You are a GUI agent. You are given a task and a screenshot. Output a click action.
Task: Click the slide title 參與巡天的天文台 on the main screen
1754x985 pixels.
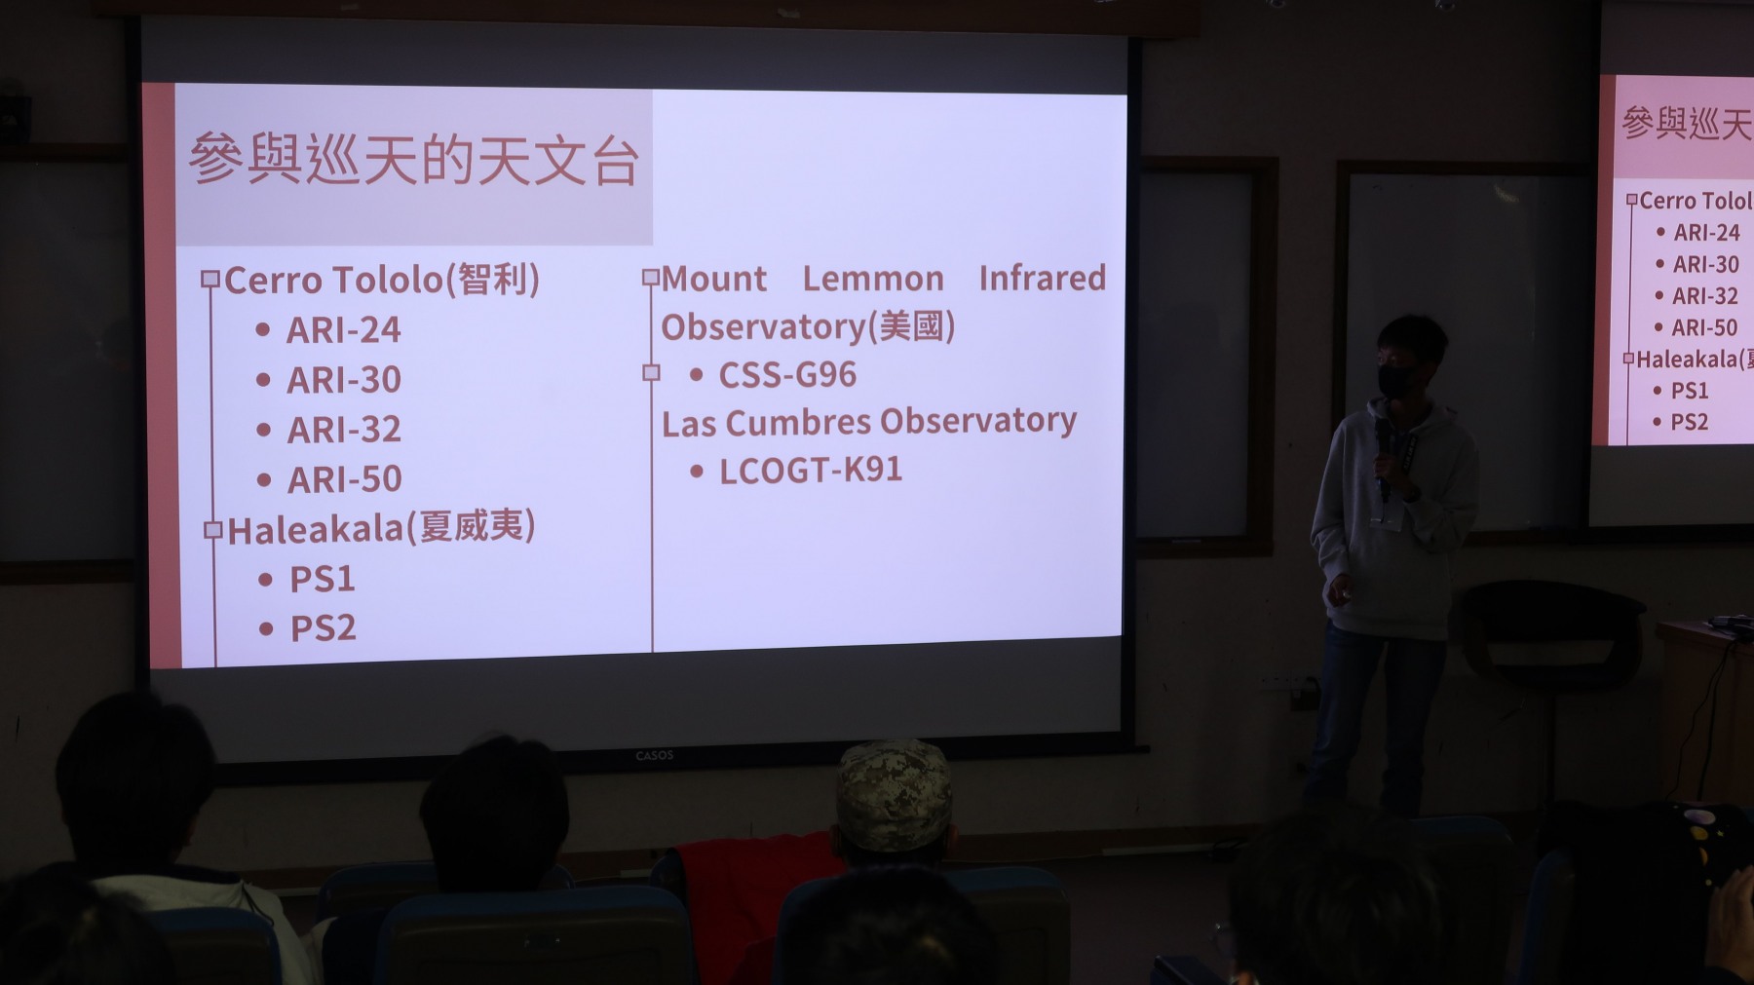[414, 160]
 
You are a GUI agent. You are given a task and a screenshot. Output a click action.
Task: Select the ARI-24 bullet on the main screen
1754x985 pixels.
[343, 330]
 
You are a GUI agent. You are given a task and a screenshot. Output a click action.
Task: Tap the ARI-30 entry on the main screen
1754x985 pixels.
[344, 380]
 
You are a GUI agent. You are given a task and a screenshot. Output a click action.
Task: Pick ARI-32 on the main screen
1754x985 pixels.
[344, 430]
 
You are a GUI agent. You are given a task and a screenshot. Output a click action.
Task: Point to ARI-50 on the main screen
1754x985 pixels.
[345, 479]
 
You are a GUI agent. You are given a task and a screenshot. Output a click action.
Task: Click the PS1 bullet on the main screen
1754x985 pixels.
[323, 580]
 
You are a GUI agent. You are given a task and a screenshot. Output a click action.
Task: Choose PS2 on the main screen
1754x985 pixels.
[324, 628]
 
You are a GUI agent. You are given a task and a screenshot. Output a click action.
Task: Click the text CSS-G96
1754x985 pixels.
[787, 375]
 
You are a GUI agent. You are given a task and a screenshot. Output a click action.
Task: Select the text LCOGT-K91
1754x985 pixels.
[811, 471]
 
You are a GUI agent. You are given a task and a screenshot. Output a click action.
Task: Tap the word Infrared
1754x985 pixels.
[1043, 278]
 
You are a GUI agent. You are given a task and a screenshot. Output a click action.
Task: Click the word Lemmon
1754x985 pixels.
[873, 279]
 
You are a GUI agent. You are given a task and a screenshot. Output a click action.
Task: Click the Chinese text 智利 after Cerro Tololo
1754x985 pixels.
[492, 280]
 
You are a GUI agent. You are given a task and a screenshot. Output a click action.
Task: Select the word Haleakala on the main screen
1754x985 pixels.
[316, 530]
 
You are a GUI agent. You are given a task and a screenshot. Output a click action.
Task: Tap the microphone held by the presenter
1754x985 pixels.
[1382, 456]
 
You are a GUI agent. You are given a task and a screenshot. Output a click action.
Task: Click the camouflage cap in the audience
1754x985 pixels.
[894, 792]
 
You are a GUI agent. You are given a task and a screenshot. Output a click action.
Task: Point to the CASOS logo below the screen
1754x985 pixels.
[655, 755]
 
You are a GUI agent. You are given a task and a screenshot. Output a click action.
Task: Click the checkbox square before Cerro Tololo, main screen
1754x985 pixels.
[210, 280]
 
